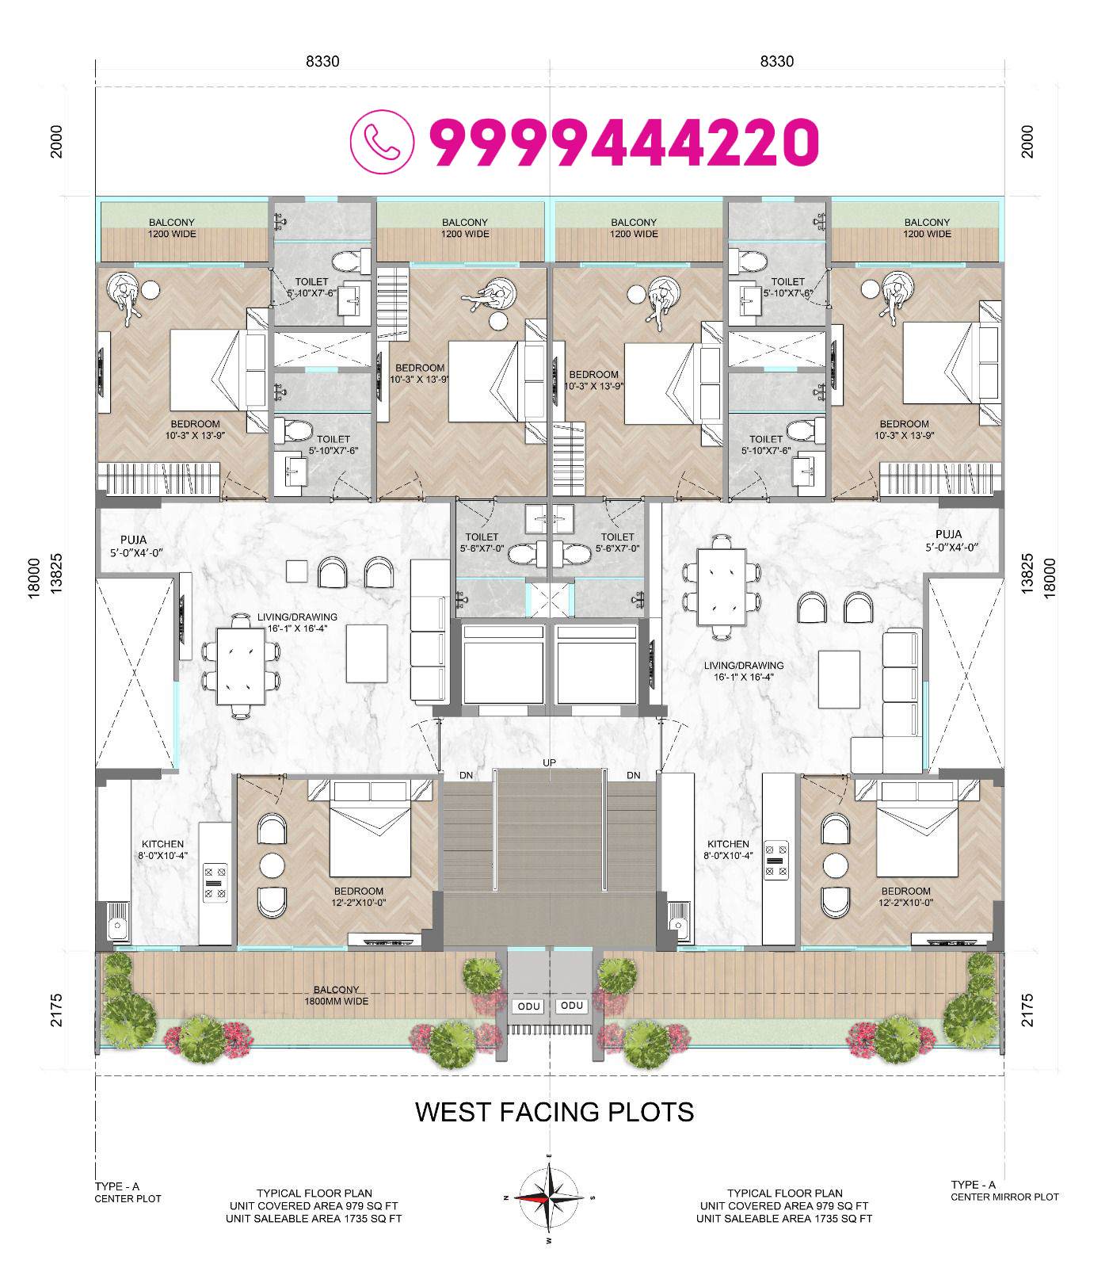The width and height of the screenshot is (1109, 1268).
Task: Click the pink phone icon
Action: (x=382, y=142)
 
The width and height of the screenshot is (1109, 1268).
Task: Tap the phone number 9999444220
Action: (x=624, y=143)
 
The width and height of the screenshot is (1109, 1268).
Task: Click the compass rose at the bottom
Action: (x=548, y=1197)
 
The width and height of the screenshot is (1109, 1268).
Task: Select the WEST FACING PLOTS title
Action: (x=554, y=1112)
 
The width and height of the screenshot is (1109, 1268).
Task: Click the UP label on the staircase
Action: (x=550, y=762)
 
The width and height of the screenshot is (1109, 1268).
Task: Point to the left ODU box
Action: (x=529, y=1006)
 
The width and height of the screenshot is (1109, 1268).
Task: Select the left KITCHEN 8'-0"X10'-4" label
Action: (x=163, y=850)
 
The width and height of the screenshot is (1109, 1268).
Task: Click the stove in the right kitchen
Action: (x=776, y=860)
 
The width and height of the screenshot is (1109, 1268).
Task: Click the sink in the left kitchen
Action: (x=118, y=922)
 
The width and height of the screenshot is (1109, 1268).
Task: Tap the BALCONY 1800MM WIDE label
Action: (x=337, y=995)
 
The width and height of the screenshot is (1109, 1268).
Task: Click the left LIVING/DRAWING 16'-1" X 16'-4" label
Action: (x=297, y=623)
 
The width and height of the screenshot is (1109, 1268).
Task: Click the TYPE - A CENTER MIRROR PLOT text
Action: (x=1004, y=1190)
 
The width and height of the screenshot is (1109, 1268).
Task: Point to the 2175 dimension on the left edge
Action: (x=56, y=1010)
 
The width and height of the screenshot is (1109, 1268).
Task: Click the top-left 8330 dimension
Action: (x=322, y=61)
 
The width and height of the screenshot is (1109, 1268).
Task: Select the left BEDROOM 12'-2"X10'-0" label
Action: (x=359, y=896)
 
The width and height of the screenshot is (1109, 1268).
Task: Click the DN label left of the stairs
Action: (x=467, y=775)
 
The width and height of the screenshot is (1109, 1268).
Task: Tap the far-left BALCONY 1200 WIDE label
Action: (x=172, y=228)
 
